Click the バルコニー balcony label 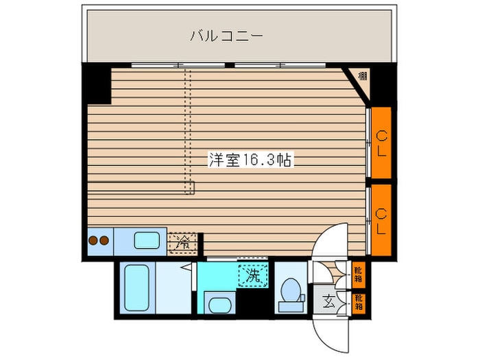coord(226,36)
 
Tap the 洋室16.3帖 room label coord(250,160)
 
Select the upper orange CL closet coord(381,143)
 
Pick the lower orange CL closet coord(381,220)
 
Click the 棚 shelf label coord(363,75)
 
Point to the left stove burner coord(93,240)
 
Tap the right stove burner coord(104,240)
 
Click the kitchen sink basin coord(147,240)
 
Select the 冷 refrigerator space coord(183,243)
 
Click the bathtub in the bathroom coord(137,287)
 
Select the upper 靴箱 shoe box coord(359,274)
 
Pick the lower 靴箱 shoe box coord(359,302)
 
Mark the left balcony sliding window coord(178,65)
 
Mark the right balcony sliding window coord(280,65)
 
